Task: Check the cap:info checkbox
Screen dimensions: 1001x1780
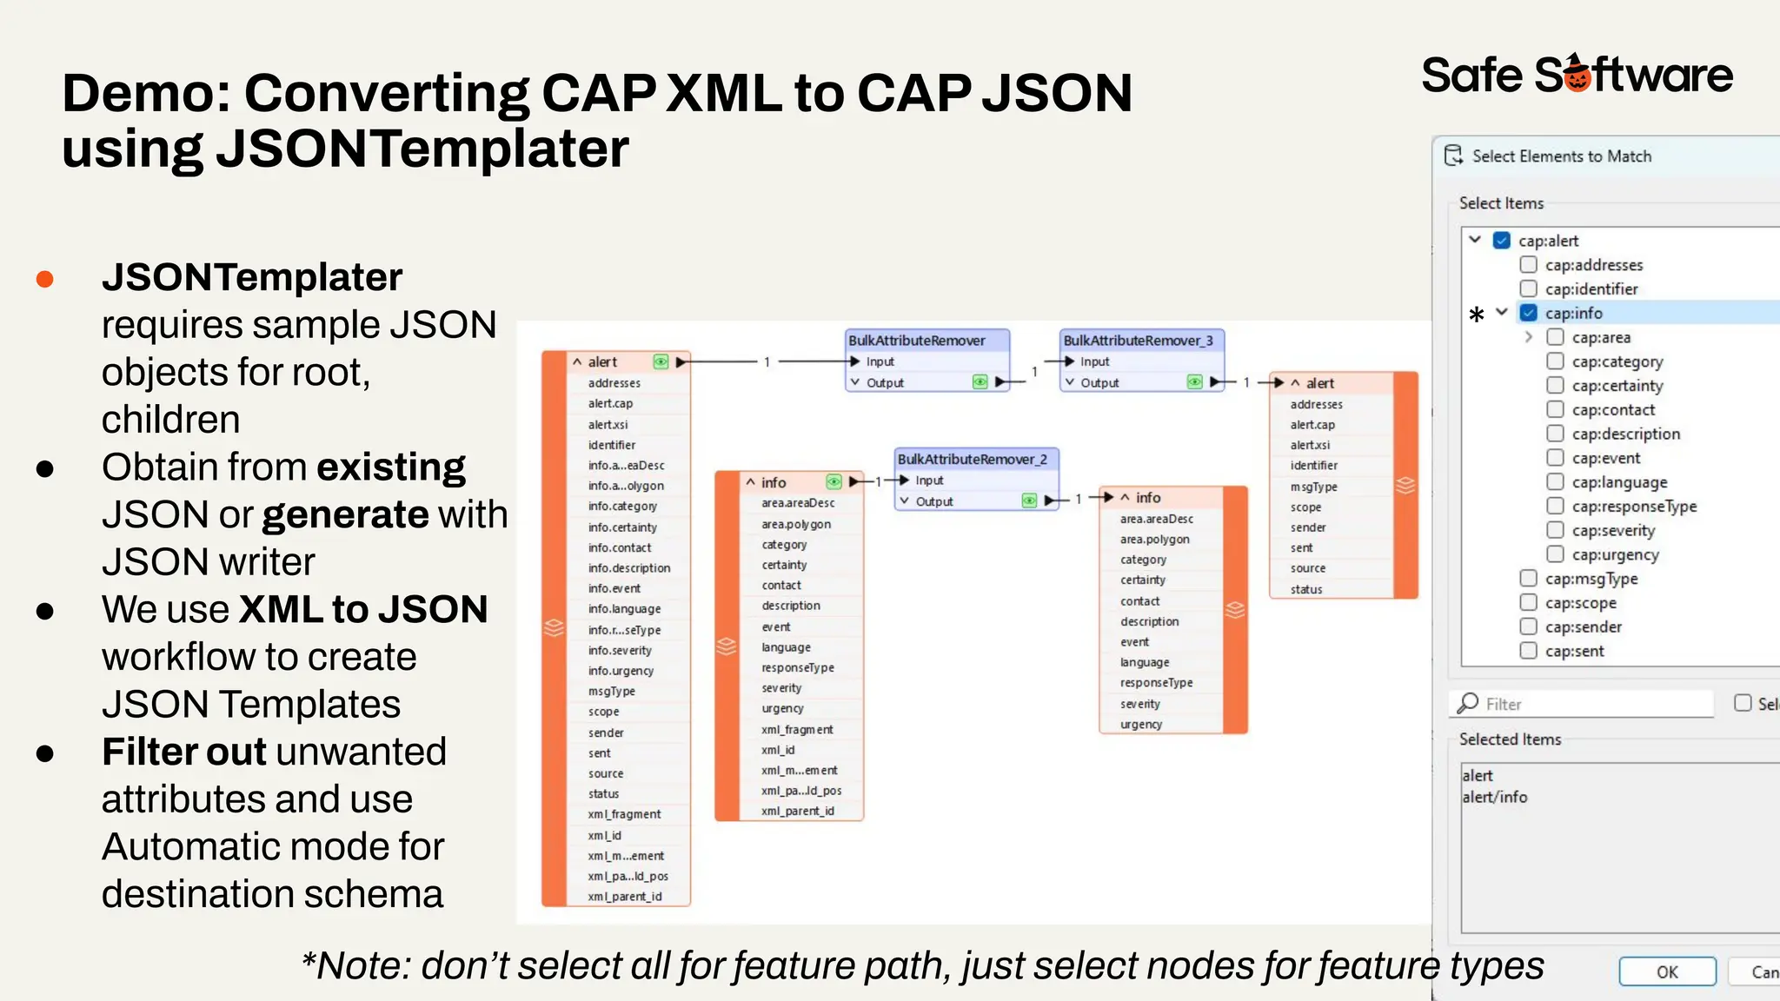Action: (x=1529, y=313)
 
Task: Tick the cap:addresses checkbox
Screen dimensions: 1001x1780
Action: (x=1529, y=264)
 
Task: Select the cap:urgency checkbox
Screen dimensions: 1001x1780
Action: (x=1556, y=554)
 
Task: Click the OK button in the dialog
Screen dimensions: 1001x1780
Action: (x=1667, y=971)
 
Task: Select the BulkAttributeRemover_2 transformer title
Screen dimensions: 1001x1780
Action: (x=972, y=459)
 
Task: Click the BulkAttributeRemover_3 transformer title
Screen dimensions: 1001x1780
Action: (x=1138, y=341)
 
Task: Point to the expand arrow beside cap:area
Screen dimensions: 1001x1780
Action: (x=1529, y=337)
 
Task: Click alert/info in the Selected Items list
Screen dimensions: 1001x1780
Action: (x=1494, y=797)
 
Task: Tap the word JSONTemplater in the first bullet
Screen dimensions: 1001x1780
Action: (x=252, y=277)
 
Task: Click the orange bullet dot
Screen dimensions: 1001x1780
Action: (x=45, y=279)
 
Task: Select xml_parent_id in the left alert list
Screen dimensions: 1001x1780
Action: (x=624, y=896)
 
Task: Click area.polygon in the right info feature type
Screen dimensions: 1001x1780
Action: (x=1154, y=539)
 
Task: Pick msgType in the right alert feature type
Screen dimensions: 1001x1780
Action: (x=1313, y=487)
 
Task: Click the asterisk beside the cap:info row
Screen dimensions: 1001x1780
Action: (x=1476, y=315)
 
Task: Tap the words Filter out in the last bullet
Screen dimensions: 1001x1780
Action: (x=183, y=752)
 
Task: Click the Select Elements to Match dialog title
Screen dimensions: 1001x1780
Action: (x=1561, y=156)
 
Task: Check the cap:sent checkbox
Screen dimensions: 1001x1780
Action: (x=1529, y=650)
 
